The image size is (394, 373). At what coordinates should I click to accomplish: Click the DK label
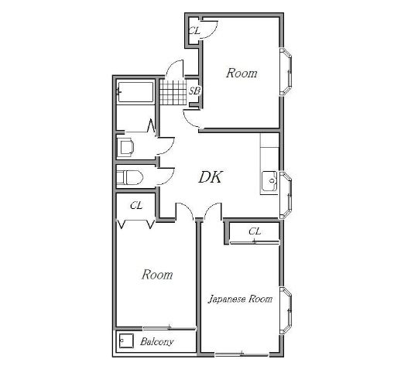(211, 177)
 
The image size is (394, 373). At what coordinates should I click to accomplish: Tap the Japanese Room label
(240, 299)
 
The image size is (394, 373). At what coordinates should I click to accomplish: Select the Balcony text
(156, 342)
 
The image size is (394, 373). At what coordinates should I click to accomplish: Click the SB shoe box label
(195, 91)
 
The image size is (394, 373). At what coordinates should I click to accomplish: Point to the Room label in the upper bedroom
(242, 73)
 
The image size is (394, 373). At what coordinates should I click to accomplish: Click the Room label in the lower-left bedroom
(157, 275)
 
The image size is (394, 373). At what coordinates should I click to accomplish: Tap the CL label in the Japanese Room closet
(255, 231)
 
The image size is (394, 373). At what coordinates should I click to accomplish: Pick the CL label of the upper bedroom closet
(194, 31)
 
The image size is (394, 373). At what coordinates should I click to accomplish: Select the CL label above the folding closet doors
(136, 206)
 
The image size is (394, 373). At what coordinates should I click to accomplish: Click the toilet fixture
(130, 177)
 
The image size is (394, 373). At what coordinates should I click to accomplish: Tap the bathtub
(135, 92)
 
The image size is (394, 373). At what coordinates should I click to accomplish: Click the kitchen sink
(269, 181)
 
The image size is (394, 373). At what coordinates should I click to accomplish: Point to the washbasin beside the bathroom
(125, 146)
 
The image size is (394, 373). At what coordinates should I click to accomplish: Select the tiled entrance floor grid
(173, 92)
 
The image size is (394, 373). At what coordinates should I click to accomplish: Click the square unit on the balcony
(126, 340)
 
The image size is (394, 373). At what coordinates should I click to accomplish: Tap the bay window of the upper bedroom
(286, 71)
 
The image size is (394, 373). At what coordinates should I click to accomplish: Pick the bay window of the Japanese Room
(286, 311)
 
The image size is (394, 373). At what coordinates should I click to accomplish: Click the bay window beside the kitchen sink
(286, 195)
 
